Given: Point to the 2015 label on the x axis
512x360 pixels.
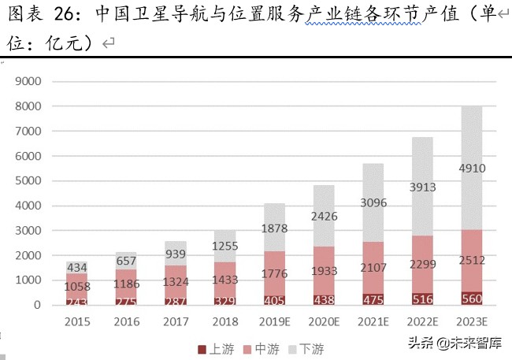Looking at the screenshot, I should (x=76, y=322).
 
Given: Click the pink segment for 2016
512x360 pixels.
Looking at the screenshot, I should (x=128, y=283).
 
